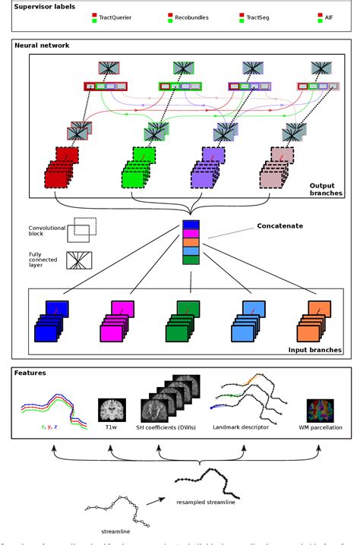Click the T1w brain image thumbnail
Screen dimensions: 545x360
[111, 410]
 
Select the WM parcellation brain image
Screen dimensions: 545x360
[321, 410]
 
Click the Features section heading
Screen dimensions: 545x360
[30, 373]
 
